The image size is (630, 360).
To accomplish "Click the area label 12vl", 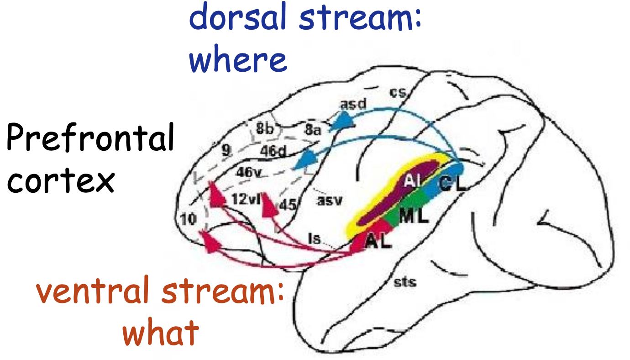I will point(246,200).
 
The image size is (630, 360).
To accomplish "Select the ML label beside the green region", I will point(413,216).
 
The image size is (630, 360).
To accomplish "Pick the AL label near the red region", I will point(378,242).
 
